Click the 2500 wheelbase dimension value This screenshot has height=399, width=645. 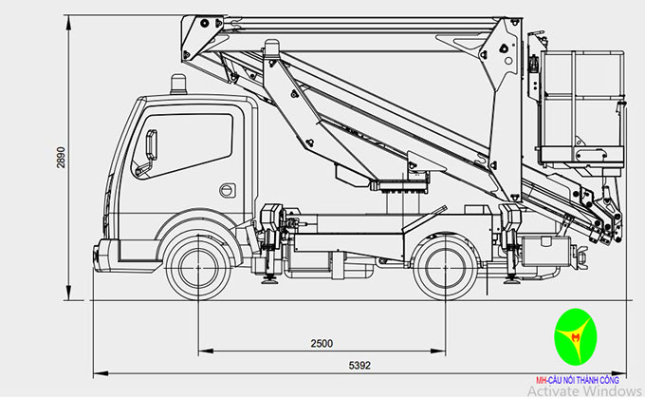coord(322,343)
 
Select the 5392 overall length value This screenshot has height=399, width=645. coord(359,364)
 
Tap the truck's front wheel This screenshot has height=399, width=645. coord(198,258)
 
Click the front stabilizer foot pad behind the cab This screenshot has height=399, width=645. coord(269,279)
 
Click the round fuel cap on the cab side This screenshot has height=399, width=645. coord(226,191)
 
